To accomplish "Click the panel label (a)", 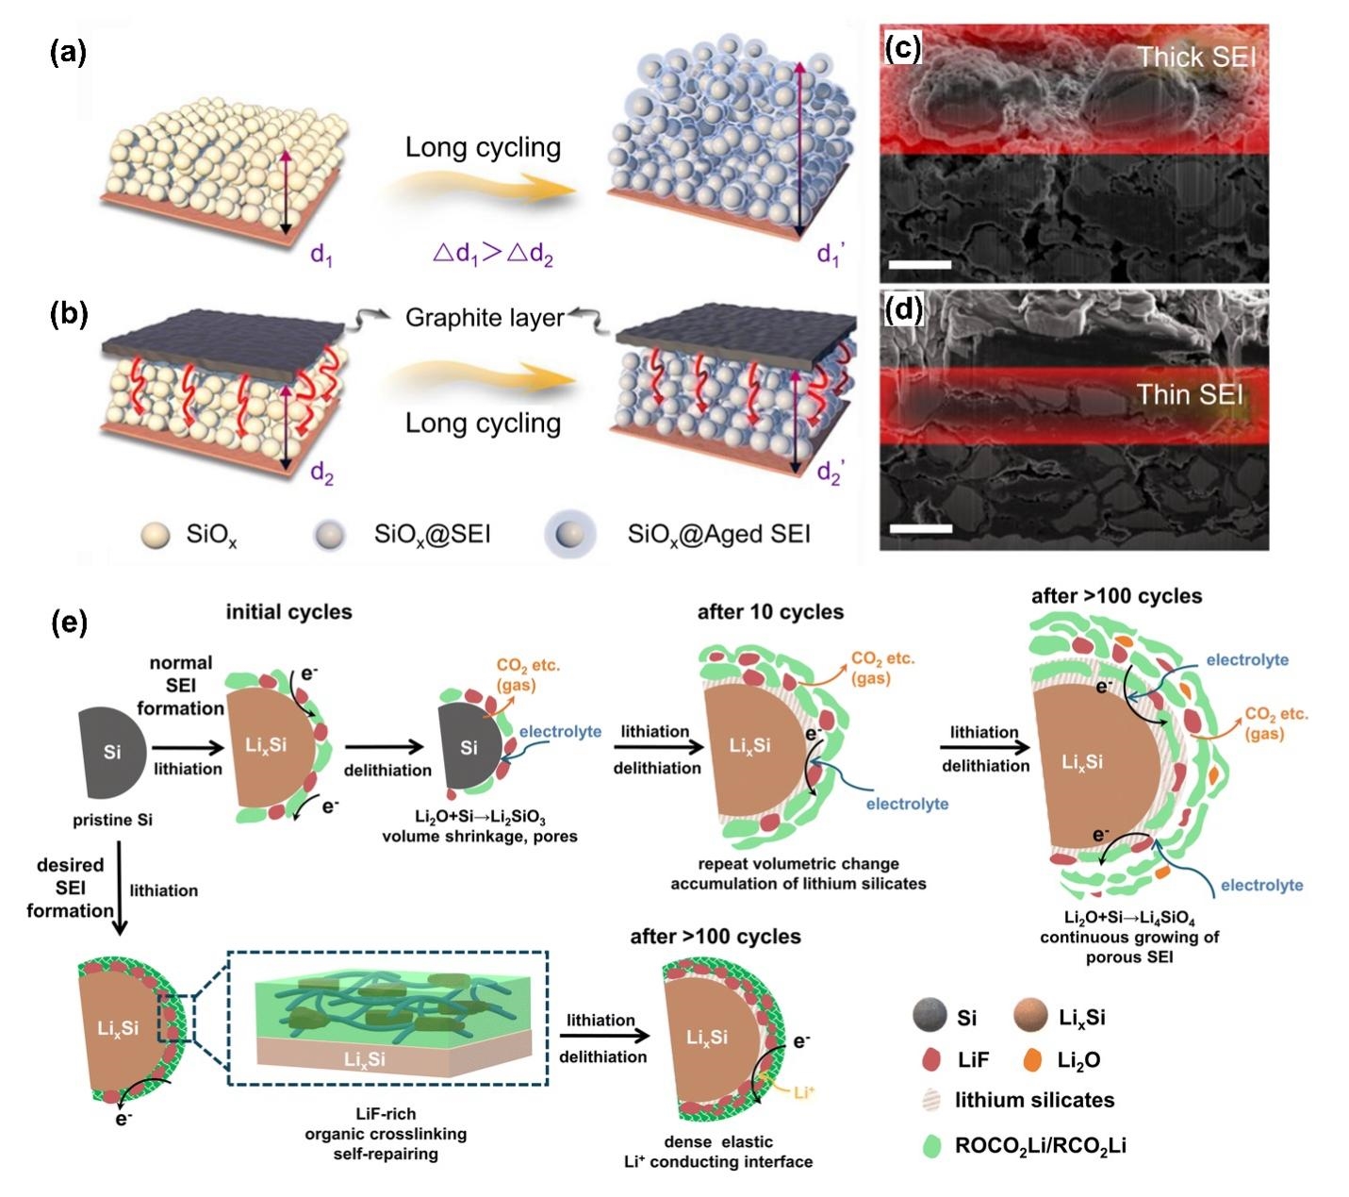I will point(68,54).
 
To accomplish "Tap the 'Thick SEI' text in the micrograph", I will point(1195,58).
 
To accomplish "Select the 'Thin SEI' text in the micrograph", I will point(1190,394).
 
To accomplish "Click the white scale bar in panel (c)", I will point(919,264).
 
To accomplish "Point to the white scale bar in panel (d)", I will point(919,528).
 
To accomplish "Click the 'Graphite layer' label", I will point(484,318).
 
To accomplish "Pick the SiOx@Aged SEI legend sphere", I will point(570,535).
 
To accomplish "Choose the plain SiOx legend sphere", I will point(155,536).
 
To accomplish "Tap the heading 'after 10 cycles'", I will point(770,612).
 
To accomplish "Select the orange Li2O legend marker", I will point(1032,1060).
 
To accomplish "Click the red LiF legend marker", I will point(931,1060).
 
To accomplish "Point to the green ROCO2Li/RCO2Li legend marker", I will point(931,1146).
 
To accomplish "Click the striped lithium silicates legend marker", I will point(931,1101).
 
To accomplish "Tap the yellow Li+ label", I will point(803,1092).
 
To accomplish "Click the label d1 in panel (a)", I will point(321,256).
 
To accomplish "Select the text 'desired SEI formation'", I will point(70,888).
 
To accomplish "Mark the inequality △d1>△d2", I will point(492,254).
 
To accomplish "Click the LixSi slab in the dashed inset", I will point(377,1058).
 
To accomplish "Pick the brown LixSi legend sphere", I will point(1031,1017).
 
